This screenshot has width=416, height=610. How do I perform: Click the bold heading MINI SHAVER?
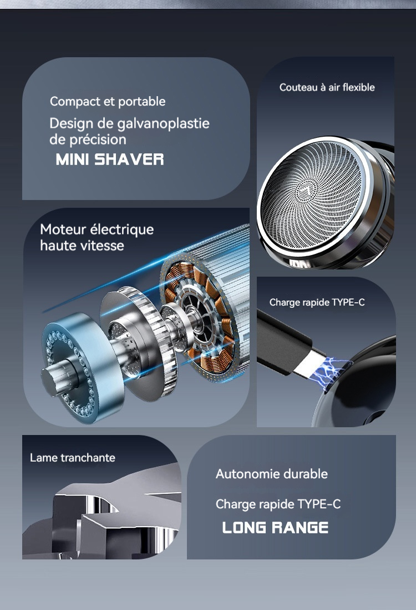tap(110, 159)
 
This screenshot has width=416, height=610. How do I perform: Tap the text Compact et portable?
tap(108, 102)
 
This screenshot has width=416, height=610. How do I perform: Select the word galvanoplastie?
tap(163, 124)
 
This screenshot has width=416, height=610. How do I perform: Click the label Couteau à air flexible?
tap(327, 87)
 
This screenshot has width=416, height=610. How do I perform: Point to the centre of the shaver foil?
tap(311, 194)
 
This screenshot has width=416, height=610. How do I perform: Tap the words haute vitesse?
tap(82, 246)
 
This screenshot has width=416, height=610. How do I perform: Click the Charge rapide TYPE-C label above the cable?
tap(317, 302)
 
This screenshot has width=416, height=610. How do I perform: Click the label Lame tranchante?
tap(73, 458)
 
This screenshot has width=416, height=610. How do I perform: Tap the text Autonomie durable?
tap(271, 474)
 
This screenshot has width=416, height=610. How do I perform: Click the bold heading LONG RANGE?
tap(275, 528)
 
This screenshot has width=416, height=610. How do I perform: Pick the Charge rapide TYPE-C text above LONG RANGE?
tap(278, 504)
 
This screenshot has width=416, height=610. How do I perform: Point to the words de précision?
tap(88, 139)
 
